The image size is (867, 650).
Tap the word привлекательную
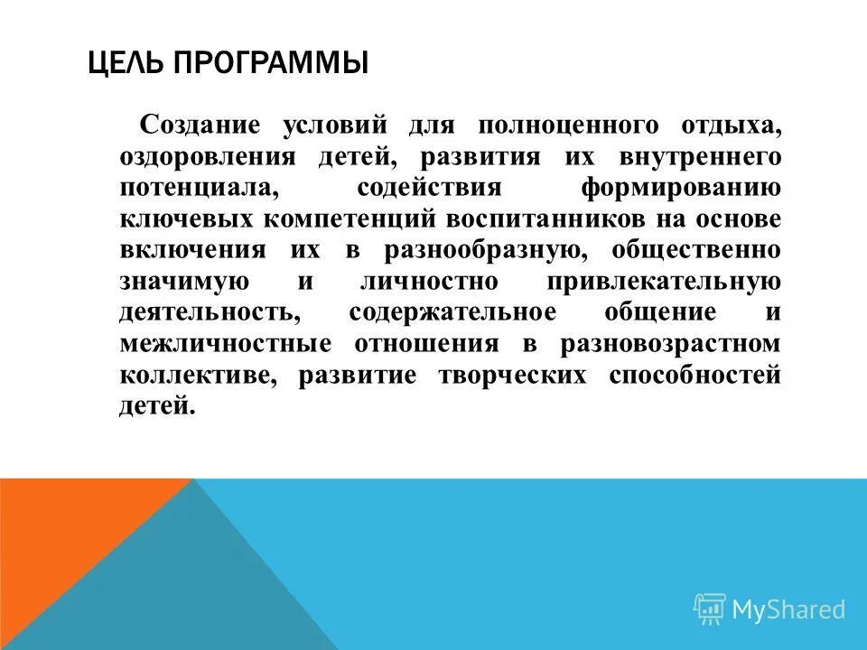point(664,282)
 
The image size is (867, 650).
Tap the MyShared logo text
point(788,609)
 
